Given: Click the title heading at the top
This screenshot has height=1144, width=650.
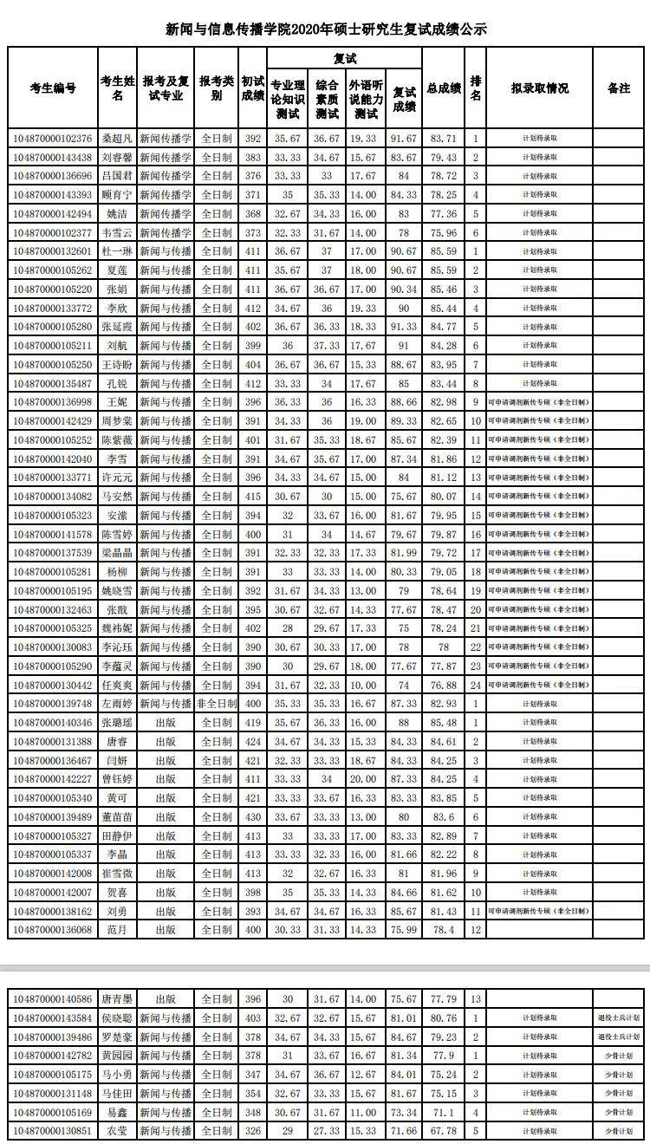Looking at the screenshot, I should (326, 29).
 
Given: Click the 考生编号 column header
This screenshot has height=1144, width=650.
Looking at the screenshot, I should (52, 88).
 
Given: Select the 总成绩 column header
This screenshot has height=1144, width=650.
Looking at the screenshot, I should (444, 88).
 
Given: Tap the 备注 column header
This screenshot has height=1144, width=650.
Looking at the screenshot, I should (619, 88).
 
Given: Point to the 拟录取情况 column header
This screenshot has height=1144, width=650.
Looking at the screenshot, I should (539, 88).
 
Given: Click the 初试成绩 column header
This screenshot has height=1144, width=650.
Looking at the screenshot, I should (253, 88).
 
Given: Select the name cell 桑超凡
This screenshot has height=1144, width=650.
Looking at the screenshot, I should (117, 139).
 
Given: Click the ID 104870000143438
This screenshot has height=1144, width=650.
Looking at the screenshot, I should (52, 158).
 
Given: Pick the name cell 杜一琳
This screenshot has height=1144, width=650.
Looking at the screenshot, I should (117, 251).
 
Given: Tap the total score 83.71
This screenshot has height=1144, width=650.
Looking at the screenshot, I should (444, 139).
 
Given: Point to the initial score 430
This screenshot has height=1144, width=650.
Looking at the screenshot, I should (253, 816).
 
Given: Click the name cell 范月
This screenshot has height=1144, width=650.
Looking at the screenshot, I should (117, 930).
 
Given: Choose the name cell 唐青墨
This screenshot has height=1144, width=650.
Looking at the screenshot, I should (117, 999).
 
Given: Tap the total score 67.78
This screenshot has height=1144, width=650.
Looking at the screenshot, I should (444, 1131).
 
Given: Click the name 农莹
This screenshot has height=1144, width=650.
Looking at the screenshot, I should (117, 1131).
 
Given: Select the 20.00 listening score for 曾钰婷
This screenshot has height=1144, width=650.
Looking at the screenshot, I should (367, 779).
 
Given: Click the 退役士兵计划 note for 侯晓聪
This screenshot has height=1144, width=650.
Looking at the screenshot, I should (619, 1018).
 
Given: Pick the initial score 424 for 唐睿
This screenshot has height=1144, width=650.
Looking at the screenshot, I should (253, 742).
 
